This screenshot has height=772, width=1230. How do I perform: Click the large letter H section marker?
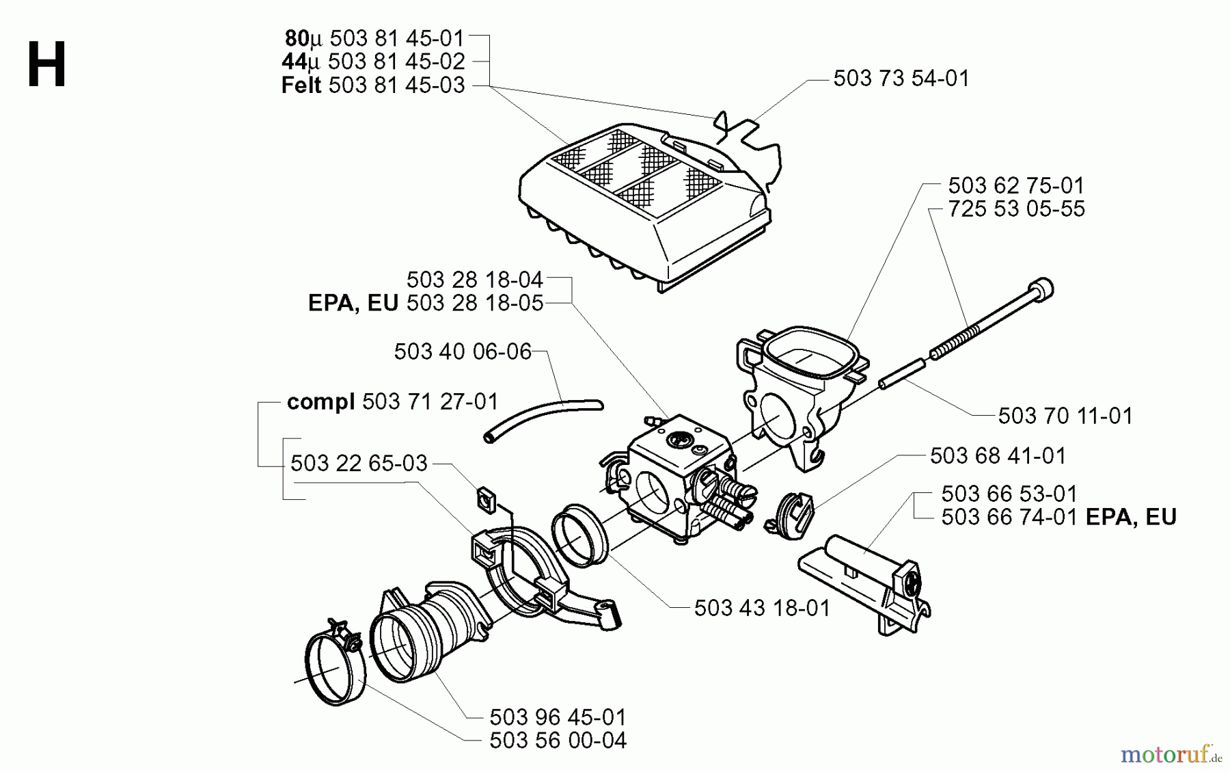46,64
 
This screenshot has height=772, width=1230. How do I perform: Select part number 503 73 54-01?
901,79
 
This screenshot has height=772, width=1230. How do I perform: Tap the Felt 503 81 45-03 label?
373,85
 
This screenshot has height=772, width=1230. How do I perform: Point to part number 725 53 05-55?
1015,209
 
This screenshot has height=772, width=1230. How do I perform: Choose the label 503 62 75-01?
1015,185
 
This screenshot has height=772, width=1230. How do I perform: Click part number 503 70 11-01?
1065,416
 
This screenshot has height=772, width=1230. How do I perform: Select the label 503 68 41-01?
998,456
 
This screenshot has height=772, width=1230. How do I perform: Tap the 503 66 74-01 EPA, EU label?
1058,517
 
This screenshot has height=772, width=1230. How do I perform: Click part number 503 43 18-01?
762,608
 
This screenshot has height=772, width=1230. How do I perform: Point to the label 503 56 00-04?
558,741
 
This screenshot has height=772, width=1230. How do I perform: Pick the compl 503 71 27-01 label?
392,401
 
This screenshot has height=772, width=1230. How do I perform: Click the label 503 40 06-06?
463,351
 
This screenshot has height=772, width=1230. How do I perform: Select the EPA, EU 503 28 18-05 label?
425,303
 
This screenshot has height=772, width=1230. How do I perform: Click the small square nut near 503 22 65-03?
486,499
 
